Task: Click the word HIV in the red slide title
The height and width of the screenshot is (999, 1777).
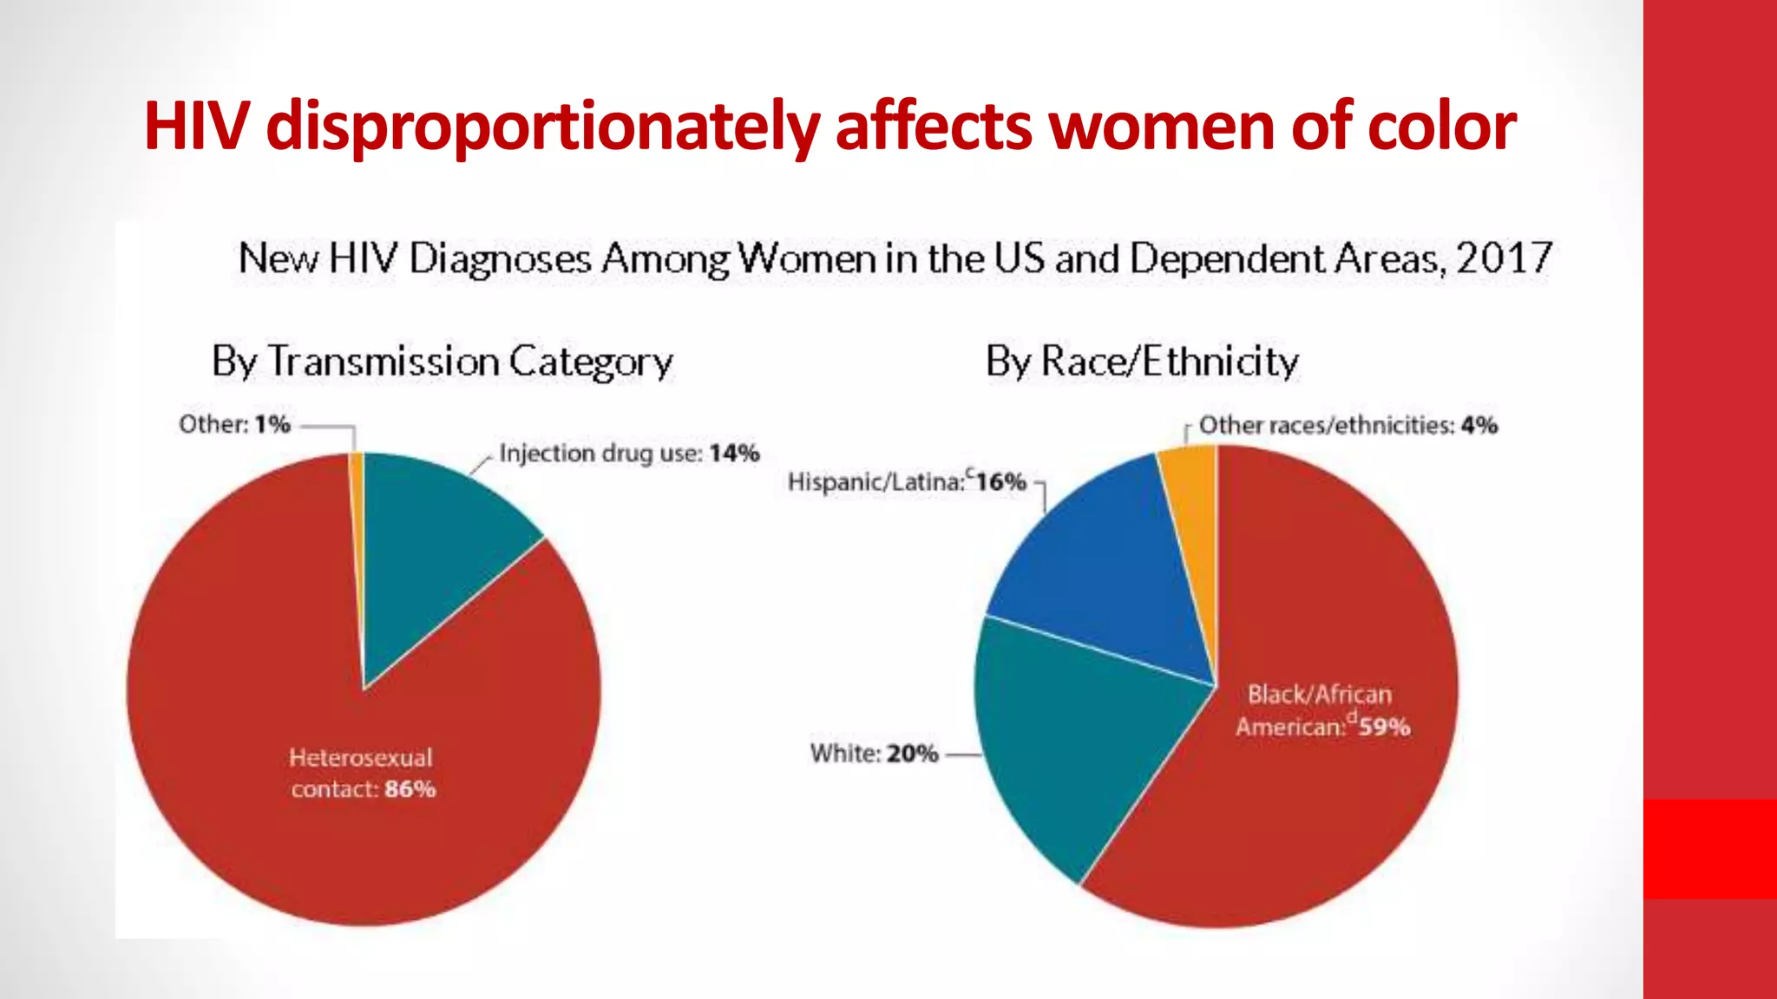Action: tap(197, 127)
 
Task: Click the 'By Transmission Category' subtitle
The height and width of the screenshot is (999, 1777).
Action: tap(443, 362)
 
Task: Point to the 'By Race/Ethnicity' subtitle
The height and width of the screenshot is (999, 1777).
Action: tap(1142, 362)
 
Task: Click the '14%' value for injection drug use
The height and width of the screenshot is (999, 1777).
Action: tap(734, 454)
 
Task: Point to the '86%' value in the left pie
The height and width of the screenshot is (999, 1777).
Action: tap(410, 789)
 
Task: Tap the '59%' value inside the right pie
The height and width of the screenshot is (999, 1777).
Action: tap(1385, 727)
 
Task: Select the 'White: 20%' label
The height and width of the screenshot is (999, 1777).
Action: tap(874, 754)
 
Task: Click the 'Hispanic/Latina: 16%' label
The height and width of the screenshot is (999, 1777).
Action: tap(907, 482)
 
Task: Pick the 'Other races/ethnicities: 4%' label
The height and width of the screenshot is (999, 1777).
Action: tap(1348, 426)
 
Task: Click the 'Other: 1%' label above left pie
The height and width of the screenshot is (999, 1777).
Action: tap(234, 425)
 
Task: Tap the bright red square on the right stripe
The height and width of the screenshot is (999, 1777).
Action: tap(1709, 848)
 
